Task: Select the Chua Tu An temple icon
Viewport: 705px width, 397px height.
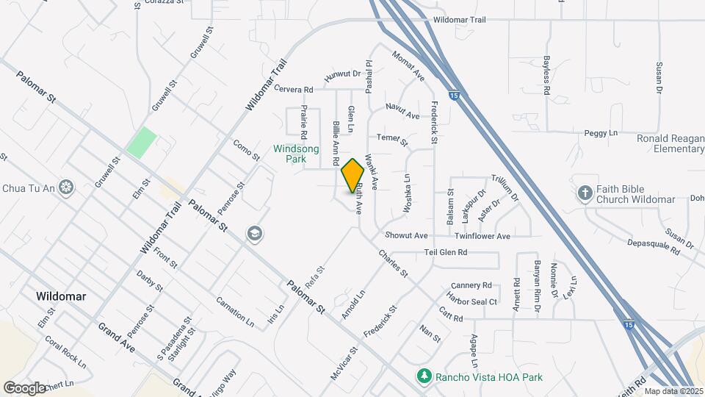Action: click(67, 187)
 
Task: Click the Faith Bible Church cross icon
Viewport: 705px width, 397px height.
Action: click(585, 193)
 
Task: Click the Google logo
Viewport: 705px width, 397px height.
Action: click(24, 387)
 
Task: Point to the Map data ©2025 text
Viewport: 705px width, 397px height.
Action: click(673, 391)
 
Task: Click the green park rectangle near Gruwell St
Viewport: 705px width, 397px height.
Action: click(142, 142)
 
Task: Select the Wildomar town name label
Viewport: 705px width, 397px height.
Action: click(61, 296)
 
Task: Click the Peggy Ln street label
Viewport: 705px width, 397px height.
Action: click(601, 133)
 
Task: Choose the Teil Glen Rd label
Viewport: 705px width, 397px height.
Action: click(446, 252)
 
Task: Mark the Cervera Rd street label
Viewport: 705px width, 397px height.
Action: click(294, 90)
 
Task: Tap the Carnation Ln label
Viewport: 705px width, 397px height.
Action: click(234, 312)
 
